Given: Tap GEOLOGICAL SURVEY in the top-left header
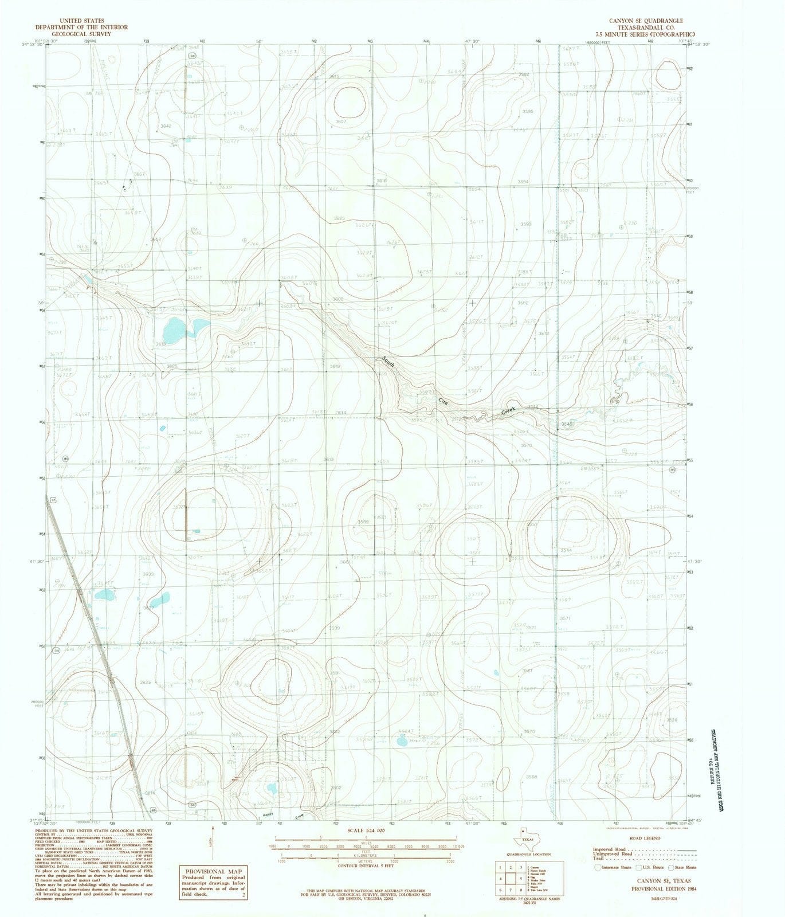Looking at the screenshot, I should click(x=73, y=34).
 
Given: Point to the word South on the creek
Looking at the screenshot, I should click(x=388, y=361).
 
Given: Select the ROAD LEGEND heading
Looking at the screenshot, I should click(x=644, y=838).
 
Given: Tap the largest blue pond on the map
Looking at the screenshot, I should click(x=174, y=330).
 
